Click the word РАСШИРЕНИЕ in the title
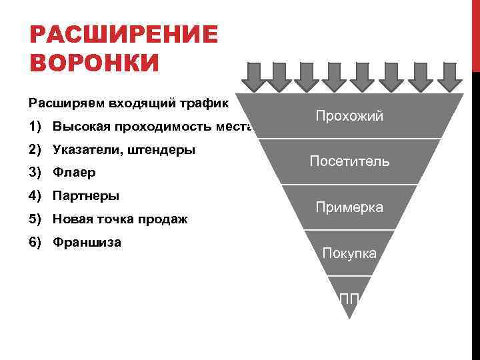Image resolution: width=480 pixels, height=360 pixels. (x=124, y=35)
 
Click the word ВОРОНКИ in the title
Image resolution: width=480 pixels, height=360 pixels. (x=95, y=63)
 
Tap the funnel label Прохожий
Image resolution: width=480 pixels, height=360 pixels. (x=350, y=117)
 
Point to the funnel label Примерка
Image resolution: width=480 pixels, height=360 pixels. (x=349, y=207)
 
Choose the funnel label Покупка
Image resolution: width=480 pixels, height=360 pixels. (x=349, y=253)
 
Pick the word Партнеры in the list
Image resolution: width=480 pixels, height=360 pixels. (x=86, y=196)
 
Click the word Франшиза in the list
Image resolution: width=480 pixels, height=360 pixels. (x=87, y=242)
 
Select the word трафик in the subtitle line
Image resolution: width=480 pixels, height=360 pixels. (x=205, y=104)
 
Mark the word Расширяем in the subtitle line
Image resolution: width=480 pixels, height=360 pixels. (x=59, y=104)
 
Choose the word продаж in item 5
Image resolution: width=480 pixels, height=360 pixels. (x=165, y=219)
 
